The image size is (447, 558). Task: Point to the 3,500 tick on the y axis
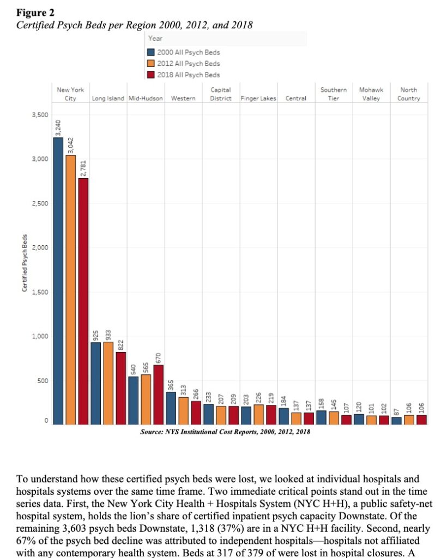pyautogui.click(x=41, y=115)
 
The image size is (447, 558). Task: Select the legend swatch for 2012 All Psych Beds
pyautogui.click(x=152, y=63)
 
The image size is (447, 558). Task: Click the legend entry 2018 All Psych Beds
pyautogui.click(x=188, y=74)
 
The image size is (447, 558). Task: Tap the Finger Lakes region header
pyautogui.click(x=258, y=99)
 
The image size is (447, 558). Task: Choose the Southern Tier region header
pyautogui.click(x=333, y=94)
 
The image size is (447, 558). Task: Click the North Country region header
pyautogui.click(x=409, y=94)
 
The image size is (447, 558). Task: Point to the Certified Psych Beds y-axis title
pyautogui.click(x=25, y=263)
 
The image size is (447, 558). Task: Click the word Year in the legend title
pyautogui.click(x=155, y=38)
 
